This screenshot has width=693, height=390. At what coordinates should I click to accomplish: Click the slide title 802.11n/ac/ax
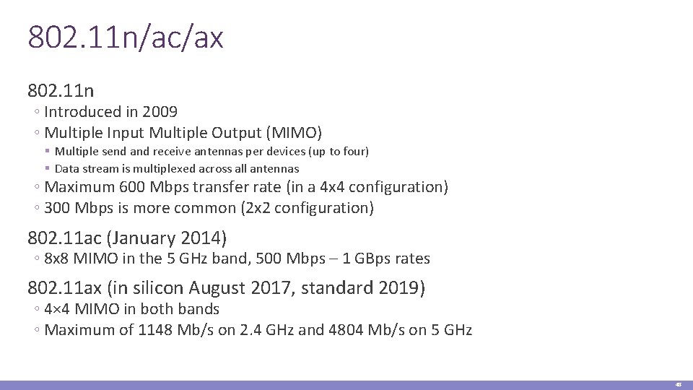[126, 38]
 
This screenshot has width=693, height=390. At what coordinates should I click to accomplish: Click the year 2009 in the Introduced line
[160, 112]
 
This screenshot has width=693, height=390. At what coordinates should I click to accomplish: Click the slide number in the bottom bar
[678, 385]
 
